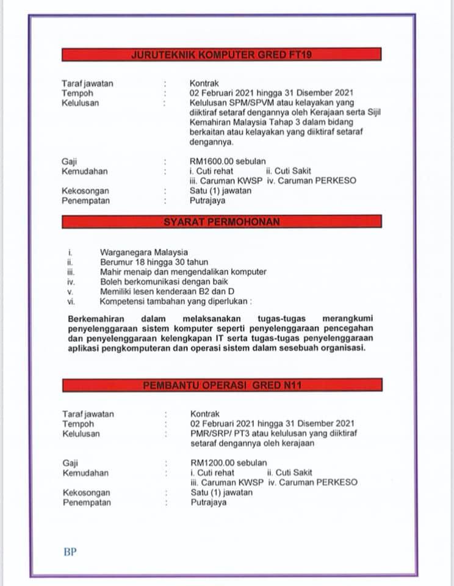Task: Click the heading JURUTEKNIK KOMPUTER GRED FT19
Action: click(x=222, y=55)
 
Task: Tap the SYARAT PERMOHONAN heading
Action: click(x=222, y=222)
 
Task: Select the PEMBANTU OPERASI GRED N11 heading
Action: click(x=222, y=385)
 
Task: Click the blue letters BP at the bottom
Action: click(x=70, y=552)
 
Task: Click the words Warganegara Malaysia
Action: click(x=144, y=252)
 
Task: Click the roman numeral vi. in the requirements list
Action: click(x=71, y=301)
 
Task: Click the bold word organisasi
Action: click(x=344, y=349)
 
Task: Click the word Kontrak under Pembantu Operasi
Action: click(x=204, y=414)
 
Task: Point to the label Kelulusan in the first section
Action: click(x=80, y=103)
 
